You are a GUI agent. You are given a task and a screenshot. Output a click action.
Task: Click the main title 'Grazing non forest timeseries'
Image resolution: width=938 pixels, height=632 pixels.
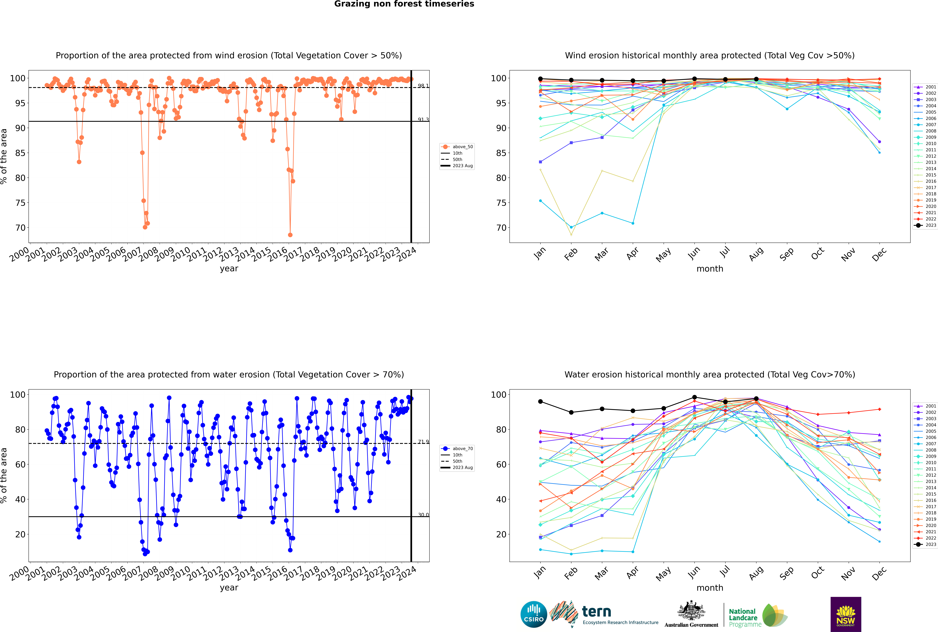pyautogui.click(x=404, y=4)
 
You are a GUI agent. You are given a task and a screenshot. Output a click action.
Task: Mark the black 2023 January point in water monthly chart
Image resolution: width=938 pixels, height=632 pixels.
pyautogui.click(x=540, y=401)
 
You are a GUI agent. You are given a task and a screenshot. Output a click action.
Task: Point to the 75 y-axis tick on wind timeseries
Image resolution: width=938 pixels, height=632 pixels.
pyautogui.click(x=20, y=203)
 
